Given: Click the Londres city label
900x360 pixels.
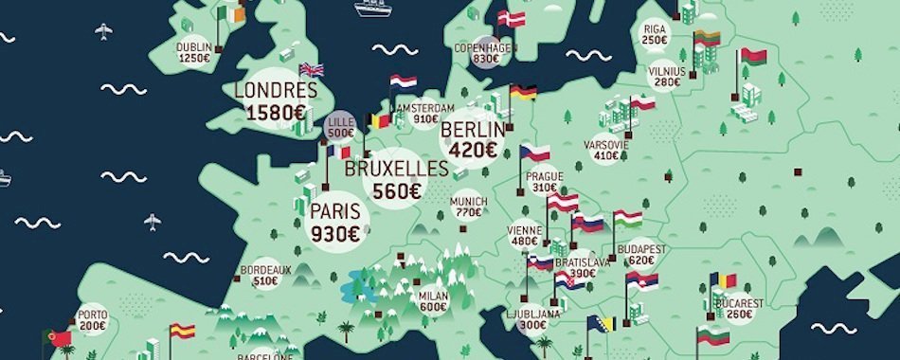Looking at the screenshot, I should pos(275,91).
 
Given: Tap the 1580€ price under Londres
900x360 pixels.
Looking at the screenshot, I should pos(275,113).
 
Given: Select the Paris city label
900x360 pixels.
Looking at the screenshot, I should pos(335,210).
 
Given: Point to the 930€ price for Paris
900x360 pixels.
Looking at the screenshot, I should pos(335,230).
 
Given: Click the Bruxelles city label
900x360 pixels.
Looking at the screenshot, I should pos(396,169).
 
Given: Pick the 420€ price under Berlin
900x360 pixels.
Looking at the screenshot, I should pos(474,149).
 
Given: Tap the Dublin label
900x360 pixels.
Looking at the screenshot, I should pos(193,46).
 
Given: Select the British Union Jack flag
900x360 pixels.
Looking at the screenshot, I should pos(312,69).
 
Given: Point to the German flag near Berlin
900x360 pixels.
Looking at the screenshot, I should pos(523,92).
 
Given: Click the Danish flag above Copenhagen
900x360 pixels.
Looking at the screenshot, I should pos(513,18).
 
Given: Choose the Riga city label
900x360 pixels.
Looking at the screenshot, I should pos(654,28).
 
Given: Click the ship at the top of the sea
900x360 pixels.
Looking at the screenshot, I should pos(373,8).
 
